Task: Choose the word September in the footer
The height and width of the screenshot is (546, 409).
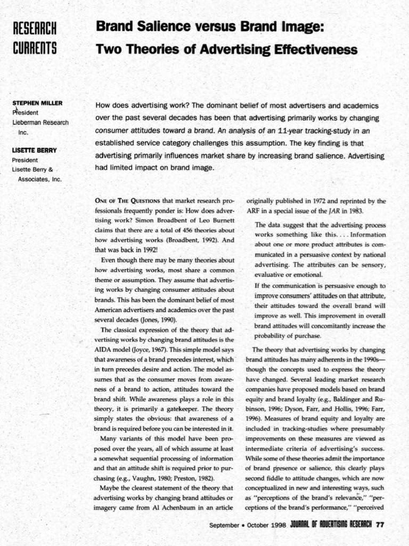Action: click(224, 525)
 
